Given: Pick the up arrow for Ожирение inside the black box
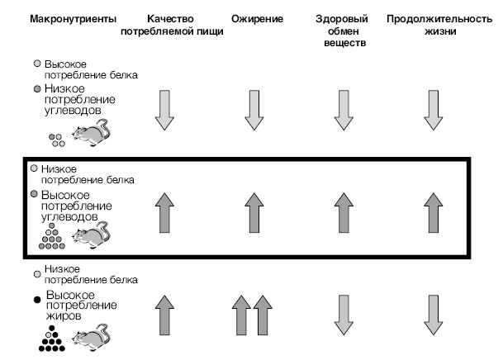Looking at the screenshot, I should pyautogui.click(x=254, y=211).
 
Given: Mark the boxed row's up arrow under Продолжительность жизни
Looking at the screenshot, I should pyautogui.click(x=433, y=211).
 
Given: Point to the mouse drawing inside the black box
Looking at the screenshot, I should pyautogui.click(x=89, y=235).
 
